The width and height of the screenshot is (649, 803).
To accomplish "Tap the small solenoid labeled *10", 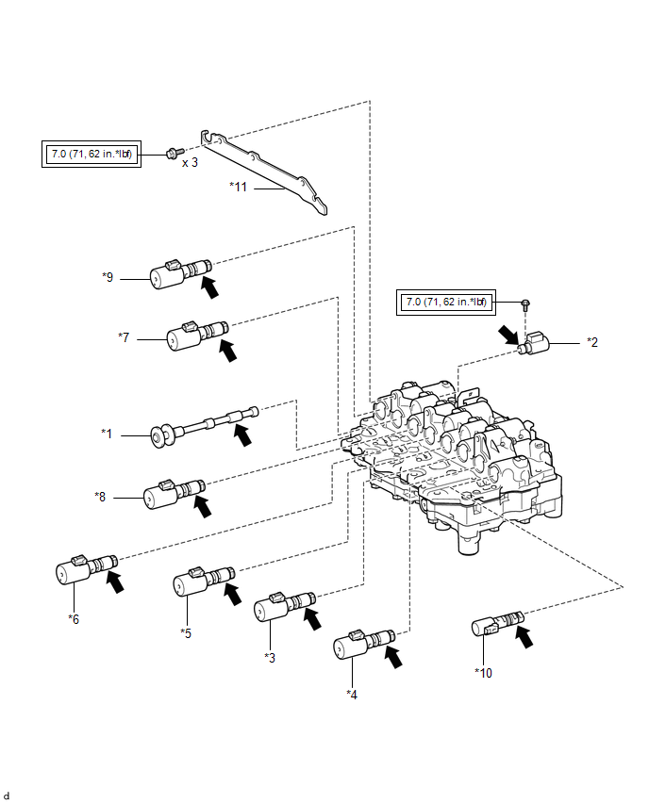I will click(x=494, y=624).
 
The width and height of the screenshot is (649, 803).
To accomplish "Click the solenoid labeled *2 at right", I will click(x=539, y=344).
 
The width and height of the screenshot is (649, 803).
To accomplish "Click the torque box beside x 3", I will click(x=92, y=153).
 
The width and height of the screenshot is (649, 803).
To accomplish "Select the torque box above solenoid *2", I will click(x=445, y=302).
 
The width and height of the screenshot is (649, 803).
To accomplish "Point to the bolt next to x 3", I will click(x=171, y=153).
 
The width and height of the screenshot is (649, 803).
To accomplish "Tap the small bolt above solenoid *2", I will click(x=524, y=303).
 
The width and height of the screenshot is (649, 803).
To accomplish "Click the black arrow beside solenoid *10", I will click(x=521, y=635).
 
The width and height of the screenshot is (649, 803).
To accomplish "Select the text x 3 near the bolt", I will click(x=191, y=162).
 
